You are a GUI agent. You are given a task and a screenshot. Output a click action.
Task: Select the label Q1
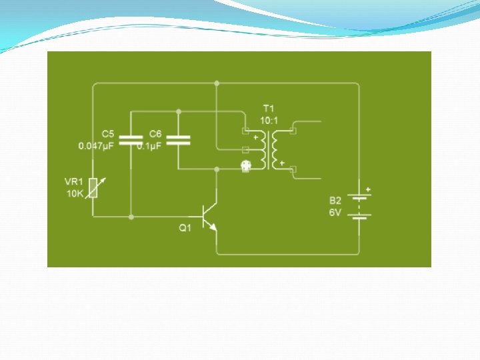coord(185,228)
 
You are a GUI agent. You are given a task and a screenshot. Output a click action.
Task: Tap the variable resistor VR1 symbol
coord(94,189)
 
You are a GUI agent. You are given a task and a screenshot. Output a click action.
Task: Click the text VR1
coord(74,181)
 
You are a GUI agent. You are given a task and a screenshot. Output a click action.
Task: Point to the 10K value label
coord(75,193)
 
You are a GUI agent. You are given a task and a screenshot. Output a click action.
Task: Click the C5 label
coord(108,134)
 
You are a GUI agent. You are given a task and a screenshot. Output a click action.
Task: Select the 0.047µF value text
coord(97,145)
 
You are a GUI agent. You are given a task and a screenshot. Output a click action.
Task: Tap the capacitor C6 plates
coord(178,139)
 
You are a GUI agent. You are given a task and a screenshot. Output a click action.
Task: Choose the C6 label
coord(155,134)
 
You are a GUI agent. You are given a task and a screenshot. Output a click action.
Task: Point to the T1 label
coord(269,108)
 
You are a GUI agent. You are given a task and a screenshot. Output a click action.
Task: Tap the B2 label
coord(335,200)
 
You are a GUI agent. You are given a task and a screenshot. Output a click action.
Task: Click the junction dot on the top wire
coord(217,83)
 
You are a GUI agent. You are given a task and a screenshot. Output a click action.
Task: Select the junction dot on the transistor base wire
coord(131,217)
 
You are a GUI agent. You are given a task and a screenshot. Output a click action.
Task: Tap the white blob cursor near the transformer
coord(245,166)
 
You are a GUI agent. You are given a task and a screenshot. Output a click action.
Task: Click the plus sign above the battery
coord(367,189)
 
